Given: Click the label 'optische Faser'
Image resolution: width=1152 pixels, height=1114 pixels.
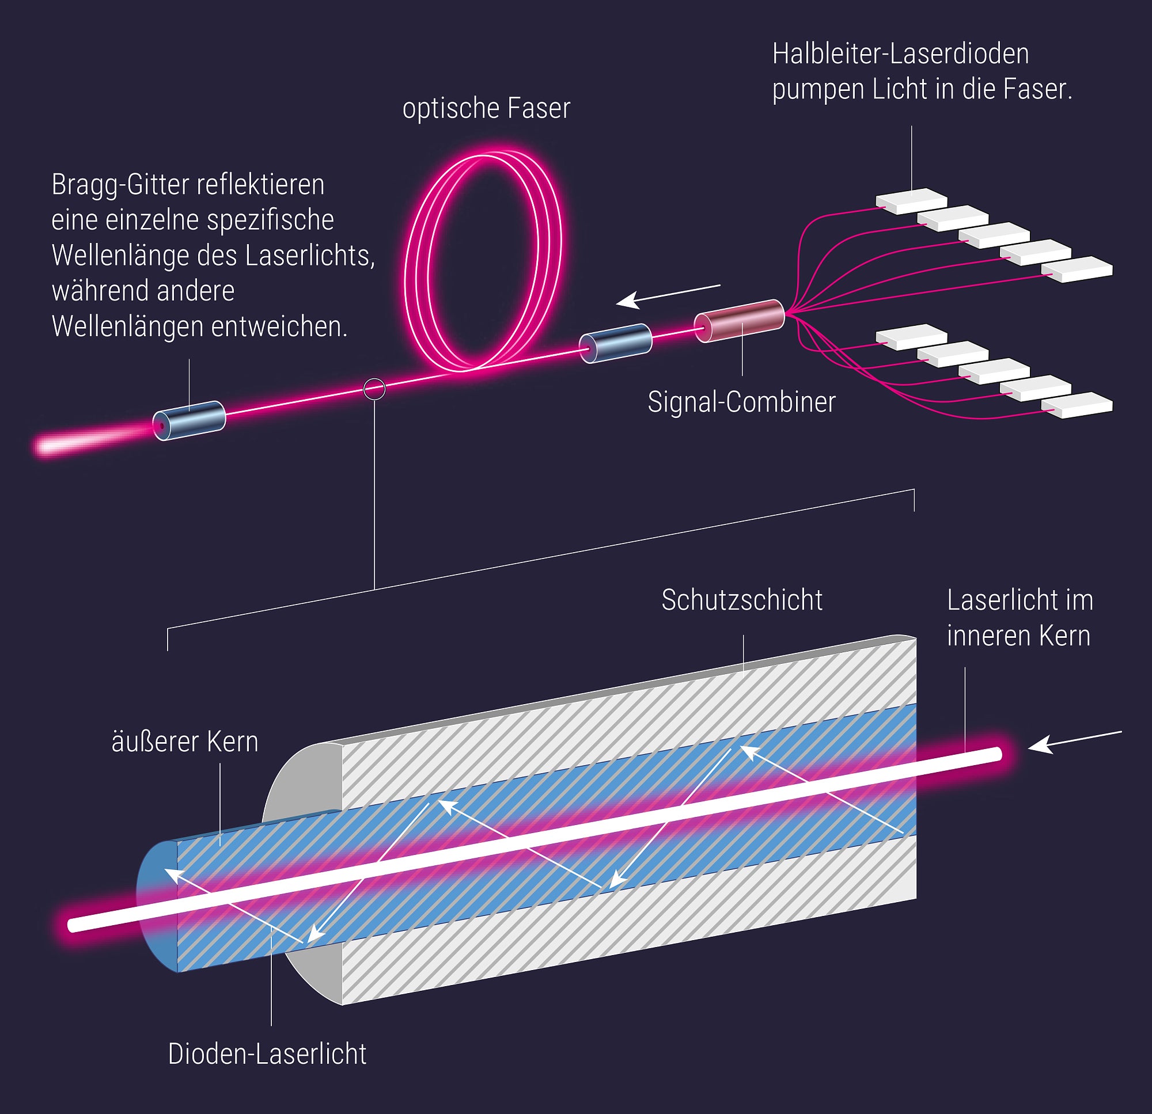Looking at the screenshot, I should tap(486, 109).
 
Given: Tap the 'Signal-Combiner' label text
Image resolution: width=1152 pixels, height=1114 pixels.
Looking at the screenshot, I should tap(741, 402).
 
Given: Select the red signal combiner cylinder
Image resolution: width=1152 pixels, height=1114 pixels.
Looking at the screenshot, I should tap(740, 321).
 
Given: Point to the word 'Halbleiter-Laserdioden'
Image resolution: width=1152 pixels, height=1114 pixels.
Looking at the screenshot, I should tap(900, 54).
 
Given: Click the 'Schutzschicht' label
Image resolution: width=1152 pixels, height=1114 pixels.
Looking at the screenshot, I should tap(742, 600).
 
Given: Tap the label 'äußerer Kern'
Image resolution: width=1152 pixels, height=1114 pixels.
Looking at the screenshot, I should tap(184, 742).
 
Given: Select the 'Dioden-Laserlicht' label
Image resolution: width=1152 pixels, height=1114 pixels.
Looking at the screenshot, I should tap(267, 1054).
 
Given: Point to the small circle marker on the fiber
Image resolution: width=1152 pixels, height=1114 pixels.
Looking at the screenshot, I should tap(374, 389).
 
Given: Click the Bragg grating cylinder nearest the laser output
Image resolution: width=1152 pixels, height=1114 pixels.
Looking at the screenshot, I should tap(190, 420).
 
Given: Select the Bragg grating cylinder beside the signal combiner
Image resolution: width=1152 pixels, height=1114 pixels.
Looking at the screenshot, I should tap(616, 343).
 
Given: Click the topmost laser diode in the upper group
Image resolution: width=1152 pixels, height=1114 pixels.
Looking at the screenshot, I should tap(911, 200).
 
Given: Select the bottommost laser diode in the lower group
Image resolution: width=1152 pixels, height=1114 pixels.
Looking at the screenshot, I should tap(1077, 405).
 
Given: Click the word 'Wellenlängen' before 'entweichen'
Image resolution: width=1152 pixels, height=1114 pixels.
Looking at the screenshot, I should tap(128, 327).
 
